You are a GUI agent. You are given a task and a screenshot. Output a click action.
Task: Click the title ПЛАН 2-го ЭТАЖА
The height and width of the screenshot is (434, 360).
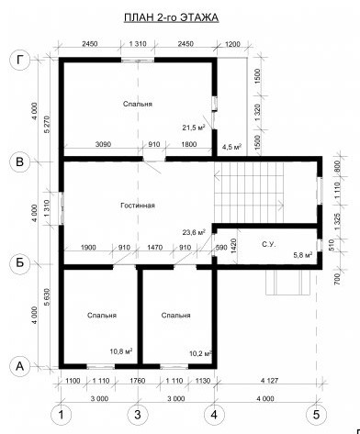click(171, 17)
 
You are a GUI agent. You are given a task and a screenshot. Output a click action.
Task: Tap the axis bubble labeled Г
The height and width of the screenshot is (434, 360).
click(20, 60)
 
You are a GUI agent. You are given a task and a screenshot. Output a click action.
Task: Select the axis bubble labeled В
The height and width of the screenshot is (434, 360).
click(20, 161)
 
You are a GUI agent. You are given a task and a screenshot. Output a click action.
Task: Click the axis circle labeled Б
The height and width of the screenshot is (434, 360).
click(20, 263)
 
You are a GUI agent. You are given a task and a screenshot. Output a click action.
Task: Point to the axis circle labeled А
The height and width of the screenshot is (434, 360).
click(20, 366)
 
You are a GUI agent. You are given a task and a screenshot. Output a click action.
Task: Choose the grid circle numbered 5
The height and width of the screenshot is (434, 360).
click(316, 415)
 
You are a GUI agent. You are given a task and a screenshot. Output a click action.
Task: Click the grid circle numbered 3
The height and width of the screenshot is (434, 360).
click(138, 415)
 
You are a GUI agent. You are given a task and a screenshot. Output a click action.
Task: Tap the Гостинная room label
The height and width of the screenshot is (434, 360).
click(138, 206)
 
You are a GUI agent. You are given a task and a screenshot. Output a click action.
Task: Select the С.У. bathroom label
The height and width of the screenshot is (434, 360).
click(268, 245)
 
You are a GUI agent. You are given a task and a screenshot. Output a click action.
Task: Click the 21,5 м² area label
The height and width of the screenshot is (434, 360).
click(193, 128)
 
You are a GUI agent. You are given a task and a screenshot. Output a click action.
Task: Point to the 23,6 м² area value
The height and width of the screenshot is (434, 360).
click(194, 233)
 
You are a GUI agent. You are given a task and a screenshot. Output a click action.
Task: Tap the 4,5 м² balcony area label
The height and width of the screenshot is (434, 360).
click(232, 147)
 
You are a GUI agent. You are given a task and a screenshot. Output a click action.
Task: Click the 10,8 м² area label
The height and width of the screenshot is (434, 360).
click(121, 351)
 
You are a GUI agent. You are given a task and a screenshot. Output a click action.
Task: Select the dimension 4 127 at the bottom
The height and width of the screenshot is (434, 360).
click(268, 381)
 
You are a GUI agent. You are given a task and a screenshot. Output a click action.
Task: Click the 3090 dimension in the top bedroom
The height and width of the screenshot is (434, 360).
click(103, 144)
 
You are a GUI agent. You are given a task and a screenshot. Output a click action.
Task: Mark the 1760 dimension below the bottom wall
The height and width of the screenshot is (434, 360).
click(138, 381)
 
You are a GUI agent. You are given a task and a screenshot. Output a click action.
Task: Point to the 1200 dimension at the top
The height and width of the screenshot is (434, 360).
click(232, 44)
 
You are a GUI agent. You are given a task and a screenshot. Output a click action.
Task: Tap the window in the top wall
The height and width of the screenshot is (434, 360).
click(138, 60)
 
